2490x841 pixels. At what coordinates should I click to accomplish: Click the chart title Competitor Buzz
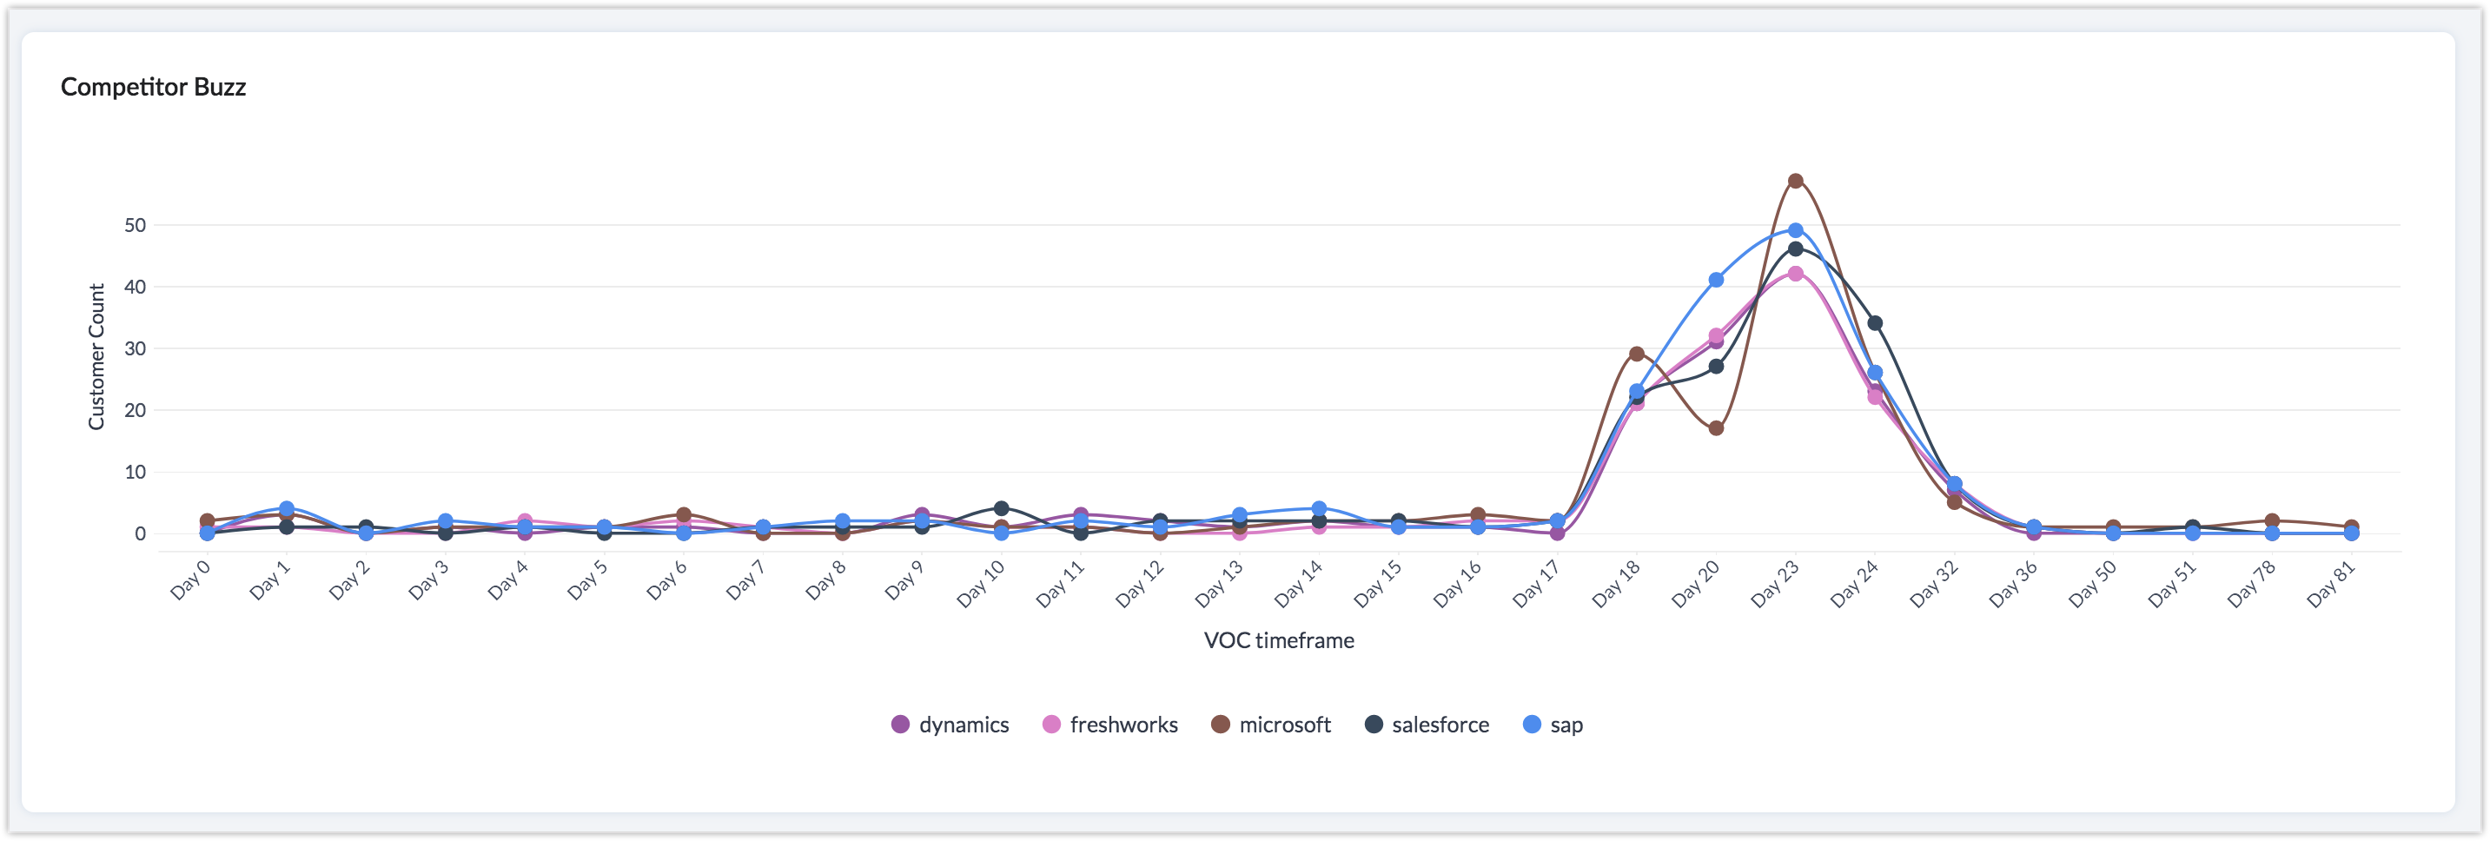[x=153, y=87]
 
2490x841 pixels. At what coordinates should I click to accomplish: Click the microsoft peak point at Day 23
[x=1795, y=181]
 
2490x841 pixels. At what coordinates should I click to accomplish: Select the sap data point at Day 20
[x=1716, y=280]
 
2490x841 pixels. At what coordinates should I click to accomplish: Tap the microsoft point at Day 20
[x=1716, y=428]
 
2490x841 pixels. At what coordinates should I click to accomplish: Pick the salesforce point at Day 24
[x=1874, y=323]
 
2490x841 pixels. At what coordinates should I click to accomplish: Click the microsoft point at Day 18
[x=1637, y=354]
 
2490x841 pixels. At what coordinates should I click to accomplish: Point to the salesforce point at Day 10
[x=1002, y=508]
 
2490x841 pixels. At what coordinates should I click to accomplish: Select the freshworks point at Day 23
[x=1795, y=274]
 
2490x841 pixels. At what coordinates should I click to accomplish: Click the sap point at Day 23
[x=1795, y=230]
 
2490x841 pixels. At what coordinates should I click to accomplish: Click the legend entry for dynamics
[x=950, y=725]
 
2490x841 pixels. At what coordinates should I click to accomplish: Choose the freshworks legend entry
[x=1110, y=725]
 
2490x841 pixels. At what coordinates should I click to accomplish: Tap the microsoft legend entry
[x=1271, y=725]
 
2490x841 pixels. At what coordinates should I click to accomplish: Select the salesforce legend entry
[x=1427, y=725]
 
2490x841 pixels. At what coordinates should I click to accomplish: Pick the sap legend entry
[x=1553, y=725]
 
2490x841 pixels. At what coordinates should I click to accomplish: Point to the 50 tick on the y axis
[x=136, y=225]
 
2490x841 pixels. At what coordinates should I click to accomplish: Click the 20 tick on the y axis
[x=136, y=410]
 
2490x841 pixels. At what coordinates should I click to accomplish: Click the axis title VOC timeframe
[x=1278, y=640]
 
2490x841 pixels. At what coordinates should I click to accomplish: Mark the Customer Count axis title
[x=96, y=357]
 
